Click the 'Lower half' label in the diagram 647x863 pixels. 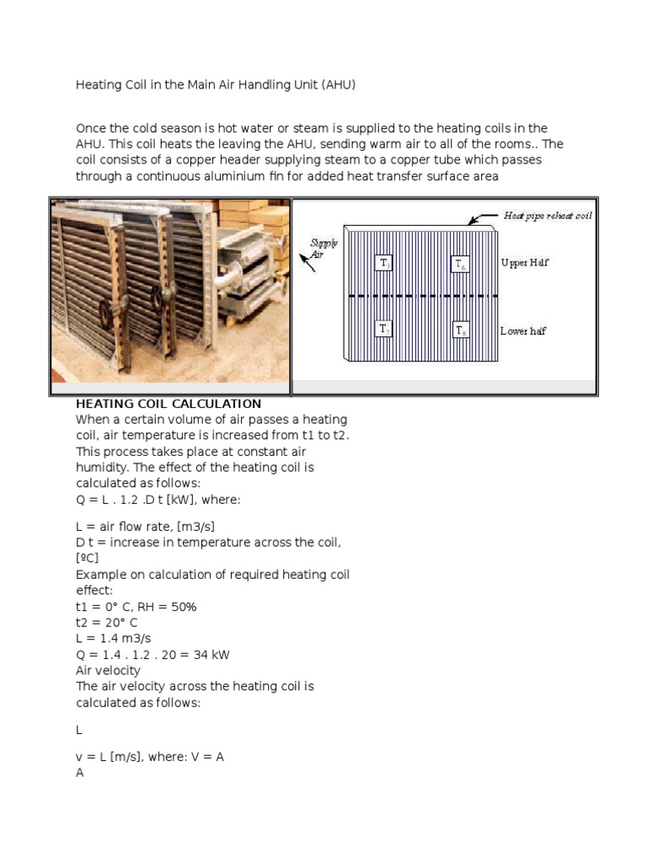pyautogui.click(x=522, y=331)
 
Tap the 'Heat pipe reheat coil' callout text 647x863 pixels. pyautogui.click(x=548, y=216)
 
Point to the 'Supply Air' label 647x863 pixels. pyautogui.click(x=324, y=248)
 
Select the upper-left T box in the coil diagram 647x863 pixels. pyautogui.click(x=384, y=264)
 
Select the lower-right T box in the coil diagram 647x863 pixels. pyautogui.click(x=461, y=330)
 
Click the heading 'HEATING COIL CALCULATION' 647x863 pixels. pyautogui.click(x=168, y=404)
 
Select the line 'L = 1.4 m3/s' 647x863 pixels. pyautogui.click(x=115, y=639)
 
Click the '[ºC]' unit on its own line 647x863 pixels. pyautogui.click(x=88, y=559)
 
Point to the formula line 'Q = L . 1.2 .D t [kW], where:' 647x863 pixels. pyautogui.click(x=158, y=499)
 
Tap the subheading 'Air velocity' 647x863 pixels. pyautogui.click(x=108, y=671)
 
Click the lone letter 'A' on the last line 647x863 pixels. pyautogui.click(x=80, y=773)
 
